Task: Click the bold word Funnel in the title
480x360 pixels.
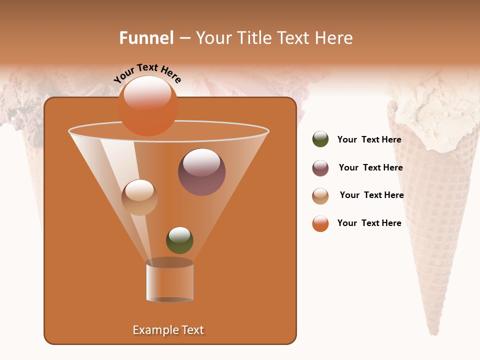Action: click(146, 38)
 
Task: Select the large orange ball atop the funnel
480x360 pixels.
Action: click(148, 106)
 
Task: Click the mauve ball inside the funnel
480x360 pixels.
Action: click(202, 172)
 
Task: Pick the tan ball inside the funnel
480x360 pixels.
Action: click(139, 197)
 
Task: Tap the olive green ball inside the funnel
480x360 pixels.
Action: click(179, 240)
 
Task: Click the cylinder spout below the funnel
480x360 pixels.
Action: click(170, 281)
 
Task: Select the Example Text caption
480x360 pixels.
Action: click(168, 330)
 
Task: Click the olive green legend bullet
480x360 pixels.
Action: click(320, 139)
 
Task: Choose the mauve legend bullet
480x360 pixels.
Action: click(320, 168)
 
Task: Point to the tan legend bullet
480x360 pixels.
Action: click(320, 196)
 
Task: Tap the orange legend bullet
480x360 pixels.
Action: click(320, 223)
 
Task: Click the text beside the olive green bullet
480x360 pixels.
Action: click(369, 140)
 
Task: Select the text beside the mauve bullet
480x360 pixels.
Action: click(370, 168)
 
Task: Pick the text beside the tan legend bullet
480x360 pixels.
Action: click(371, 195)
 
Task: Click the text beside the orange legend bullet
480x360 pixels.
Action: click(369, 223)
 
